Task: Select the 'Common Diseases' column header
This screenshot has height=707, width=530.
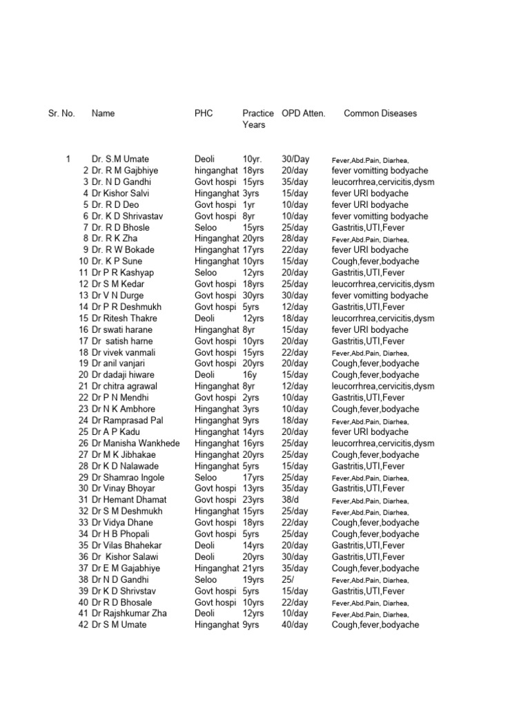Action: coord(380,113)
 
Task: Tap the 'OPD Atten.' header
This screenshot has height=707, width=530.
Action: coord(304,113)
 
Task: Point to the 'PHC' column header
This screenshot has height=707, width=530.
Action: coord(204,113)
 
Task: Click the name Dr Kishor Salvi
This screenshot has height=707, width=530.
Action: coord(121,193)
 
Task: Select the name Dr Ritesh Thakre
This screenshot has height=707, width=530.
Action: coord(124,318)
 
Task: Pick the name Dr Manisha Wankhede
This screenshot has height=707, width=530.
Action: coord(135,443)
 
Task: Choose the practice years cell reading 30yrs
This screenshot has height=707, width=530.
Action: coord(253,296)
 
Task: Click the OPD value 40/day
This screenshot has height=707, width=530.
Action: coord(295,625)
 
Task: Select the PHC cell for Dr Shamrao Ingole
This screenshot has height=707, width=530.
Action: coord(206,477)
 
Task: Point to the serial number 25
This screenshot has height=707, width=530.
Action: coord(84,432)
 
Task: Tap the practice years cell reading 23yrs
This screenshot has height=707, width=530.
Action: coord(253,500)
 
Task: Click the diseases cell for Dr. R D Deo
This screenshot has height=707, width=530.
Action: coord(370,204)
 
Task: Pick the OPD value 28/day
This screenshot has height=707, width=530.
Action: coord(295,239)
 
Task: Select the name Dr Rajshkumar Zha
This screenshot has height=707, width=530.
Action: coord(129,613)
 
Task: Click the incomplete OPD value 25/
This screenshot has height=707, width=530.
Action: coord(290,579)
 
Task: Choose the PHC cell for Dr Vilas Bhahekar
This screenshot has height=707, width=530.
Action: coord(205,545)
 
